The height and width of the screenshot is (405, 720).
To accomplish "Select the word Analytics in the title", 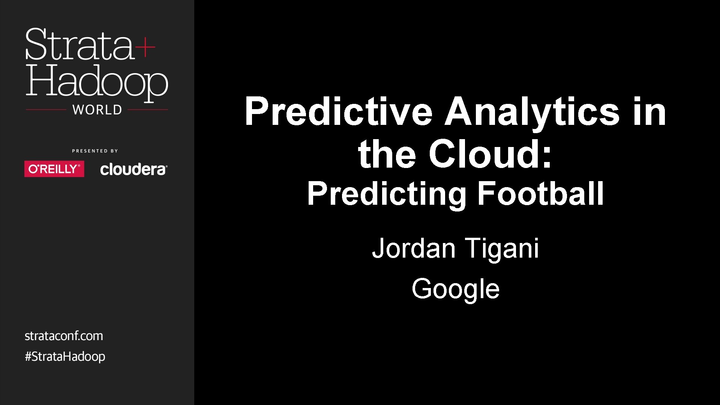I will pyautogui.click(x=532, y=111).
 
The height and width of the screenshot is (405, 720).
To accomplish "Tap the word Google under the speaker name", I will pyautogui.click(x=455, y=289).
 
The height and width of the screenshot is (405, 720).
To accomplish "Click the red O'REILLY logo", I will pyautogui.click(x=54, y=169).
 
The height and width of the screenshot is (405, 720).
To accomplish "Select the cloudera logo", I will pyautogui.click(x=133, y=169).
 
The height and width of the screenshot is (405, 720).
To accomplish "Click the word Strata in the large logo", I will pyautogui.click(x=79, y=45).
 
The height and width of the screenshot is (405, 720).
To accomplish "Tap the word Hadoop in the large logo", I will pyautogui.click(x=96, y=82).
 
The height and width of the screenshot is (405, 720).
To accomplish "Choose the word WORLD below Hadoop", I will pyautogui.click(x=97, y=110).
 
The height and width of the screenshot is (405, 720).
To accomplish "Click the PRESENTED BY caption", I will pyautogui.click(x=95, y=151).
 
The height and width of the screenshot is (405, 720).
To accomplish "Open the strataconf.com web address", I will pyautogui.click(x=64, y=336).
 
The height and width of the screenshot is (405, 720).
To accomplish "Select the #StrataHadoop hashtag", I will pyautogui.click(x=65, y=356).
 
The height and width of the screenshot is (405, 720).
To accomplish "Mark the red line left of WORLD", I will pyautogui.click(x=46, y=110).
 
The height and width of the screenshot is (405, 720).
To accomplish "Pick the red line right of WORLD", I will pyautogui.click(x=148, y=110).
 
